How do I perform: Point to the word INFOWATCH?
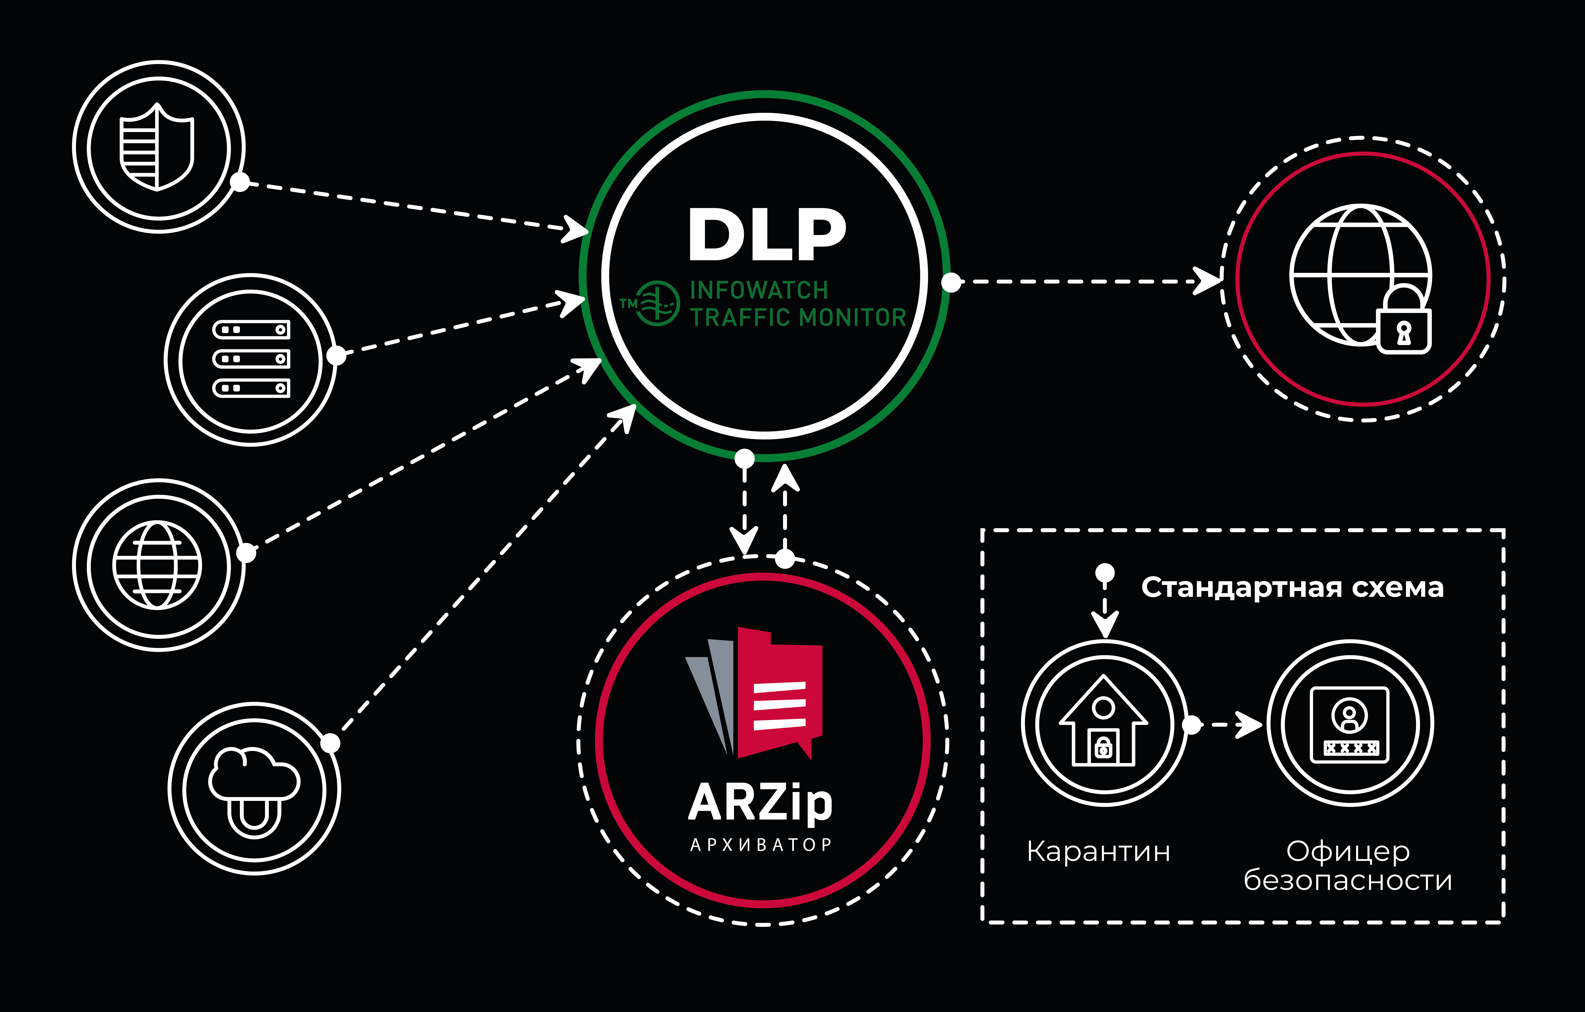pyautogui.click(x=758, y=290)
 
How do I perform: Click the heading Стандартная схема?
pyautogui.click(x=1292, y=587)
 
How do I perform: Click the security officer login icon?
pyautogui.click(x=1349, y=724)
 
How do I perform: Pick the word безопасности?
pyautogui.click(x=1347, y=880)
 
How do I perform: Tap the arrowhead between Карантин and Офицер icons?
pyautogui.click(x=1249, y=725)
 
